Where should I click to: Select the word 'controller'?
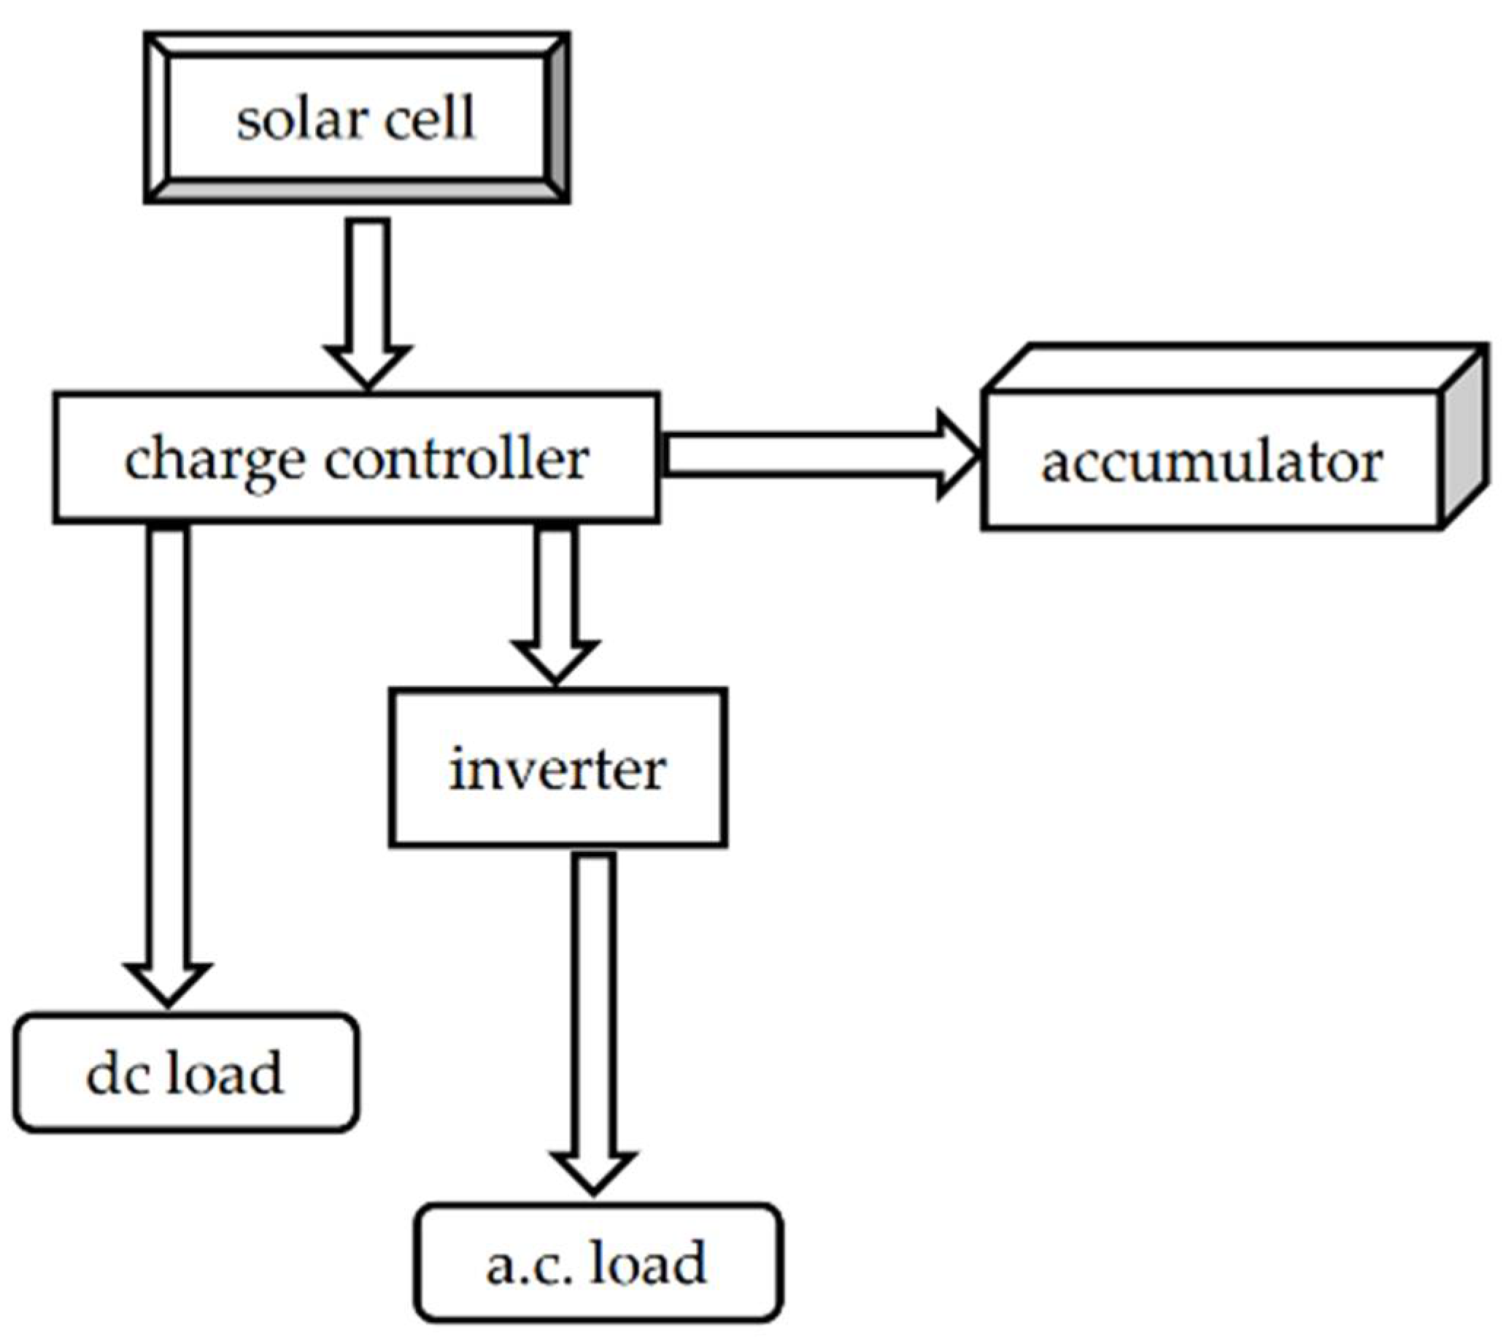[x=456, y=460]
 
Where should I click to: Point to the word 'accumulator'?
[x=1212, y=463]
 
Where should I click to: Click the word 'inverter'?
[x=557, y=770]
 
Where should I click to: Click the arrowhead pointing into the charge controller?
[x=368, y=365]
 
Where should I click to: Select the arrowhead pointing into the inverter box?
[x=556, y=661]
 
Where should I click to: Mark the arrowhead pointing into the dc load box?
[x=168, y=983]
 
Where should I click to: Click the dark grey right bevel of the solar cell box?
[x=557, y=118]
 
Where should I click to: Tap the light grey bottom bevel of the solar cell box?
[x=357, y=190]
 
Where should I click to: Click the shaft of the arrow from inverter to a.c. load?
[x=593, y=1000]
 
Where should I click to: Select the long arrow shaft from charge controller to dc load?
[x=168, y=743]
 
